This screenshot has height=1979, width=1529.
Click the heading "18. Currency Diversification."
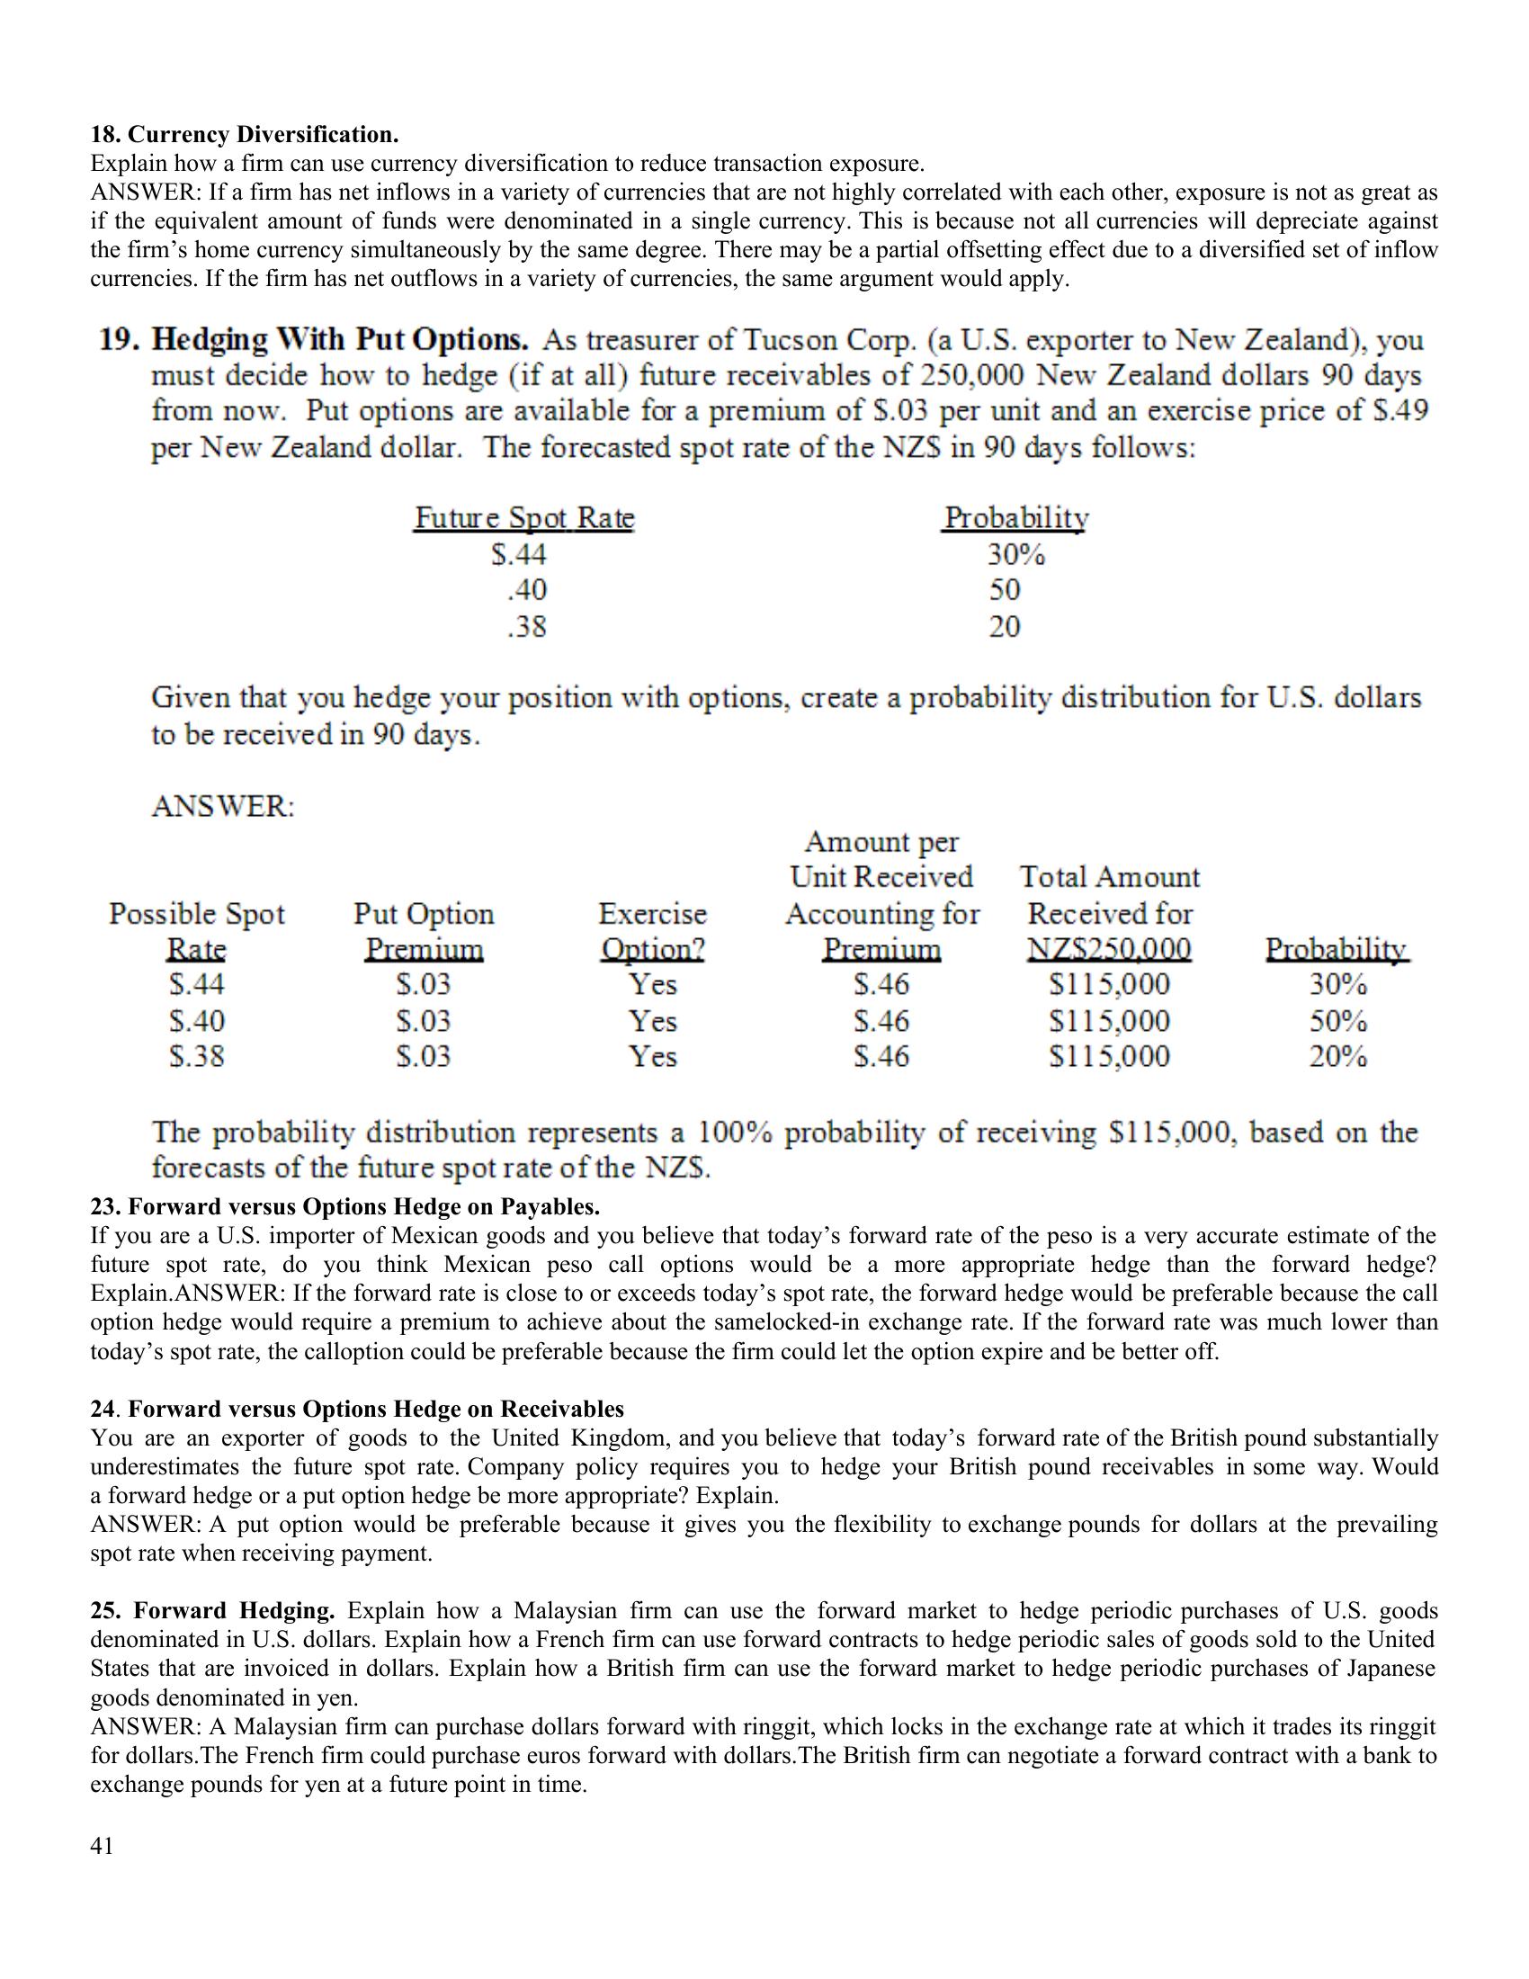coord(245,135)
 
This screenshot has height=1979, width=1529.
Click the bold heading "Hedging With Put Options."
coord(340,340)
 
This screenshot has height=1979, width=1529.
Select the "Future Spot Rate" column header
coord(524,518)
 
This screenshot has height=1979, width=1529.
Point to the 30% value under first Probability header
coord(1015,553)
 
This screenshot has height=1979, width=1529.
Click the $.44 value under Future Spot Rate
coord(519,553)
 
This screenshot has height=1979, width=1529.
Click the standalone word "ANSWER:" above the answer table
coord(223,806)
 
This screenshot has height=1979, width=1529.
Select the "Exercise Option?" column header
coord(653,932)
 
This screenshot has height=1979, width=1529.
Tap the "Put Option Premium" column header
coord(424,932)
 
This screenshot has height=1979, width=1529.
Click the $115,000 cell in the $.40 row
coord(1109,1021)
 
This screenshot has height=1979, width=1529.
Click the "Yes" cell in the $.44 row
coord(653,984)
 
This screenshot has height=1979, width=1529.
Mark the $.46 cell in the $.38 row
coord(881,1057)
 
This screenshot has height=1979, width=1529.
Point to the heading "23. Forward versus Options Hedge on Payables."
coord(345,1207)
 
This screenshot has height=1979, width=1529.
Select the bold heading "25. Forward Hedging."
coord(213,1610)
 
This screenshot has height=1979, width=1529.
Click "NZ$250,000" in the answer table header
coord(1109,950)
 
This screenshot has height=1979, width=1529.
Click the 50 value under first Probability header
coord(1005,590)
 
